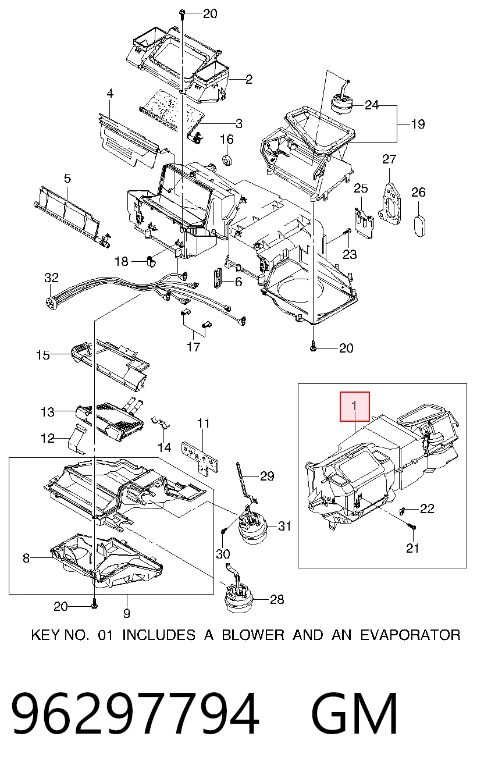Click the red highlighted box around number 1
(355, 407)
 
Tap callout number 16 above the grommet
(227, 140)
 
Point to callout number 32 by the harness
(51, 278)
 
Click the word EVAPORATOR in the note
(410, 635)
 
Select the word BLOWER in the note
(253, 635)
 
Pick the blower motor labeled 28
(238, 597)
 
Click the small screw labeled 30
(224, 531)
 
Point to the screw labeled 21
(412, 527)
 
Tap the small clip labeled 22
(403, 510)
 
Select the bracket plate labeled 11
(201, 456)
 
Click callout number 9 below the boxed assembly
(127, 613)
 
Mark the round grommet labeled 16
(227, 161)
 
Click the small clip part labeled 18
(151, 261)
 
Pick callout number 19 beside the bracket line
(418, 124)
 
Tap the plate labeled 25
(364, 223)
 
